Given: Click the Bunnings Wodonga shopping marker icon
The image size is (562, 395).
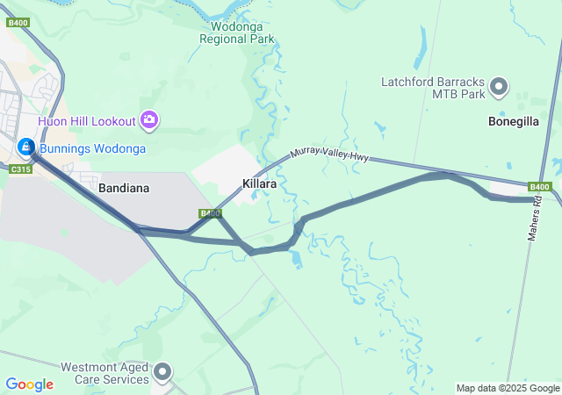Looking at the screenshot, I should click(26, 147).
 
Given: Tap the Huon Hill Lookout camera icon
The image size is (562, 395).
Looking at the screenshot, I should click(149, 119).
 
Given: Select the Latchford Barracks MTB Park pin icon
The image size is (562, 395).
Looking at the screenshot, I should click(499, 88).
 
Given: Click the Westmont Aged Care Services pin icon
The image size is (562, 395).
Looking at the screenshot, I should click(162, 373).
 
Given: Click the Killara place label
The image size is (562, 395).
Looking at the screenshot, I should click(260, 185).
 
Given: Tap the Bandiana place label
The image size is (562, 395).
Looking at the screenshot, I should click(124, 188).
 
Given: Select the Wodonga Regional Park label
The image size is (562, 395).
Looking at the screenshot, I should click(237, 32).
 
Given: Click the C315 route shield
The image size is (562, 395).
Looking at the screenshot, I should click(19, 169).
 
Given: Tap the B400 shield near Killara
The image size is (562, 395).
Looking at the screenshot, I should click(209, 212).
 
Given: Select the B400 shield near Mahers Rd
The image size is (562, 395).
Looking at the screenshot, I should click(539, 186).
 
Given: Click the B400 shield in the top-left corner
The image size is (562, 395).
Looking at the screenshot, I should click(18, 22).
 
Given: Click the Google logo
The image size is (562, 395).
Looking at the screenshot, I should click(29, 384).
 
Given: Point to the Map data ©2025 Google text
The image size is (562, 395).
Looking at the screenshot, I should click(508, 388).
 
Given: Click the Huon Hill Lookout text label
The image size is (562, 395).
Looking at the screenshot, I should click(86, 120).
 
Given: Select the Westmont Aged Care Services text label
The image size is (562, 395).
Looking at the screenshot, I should click(104, 373).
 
